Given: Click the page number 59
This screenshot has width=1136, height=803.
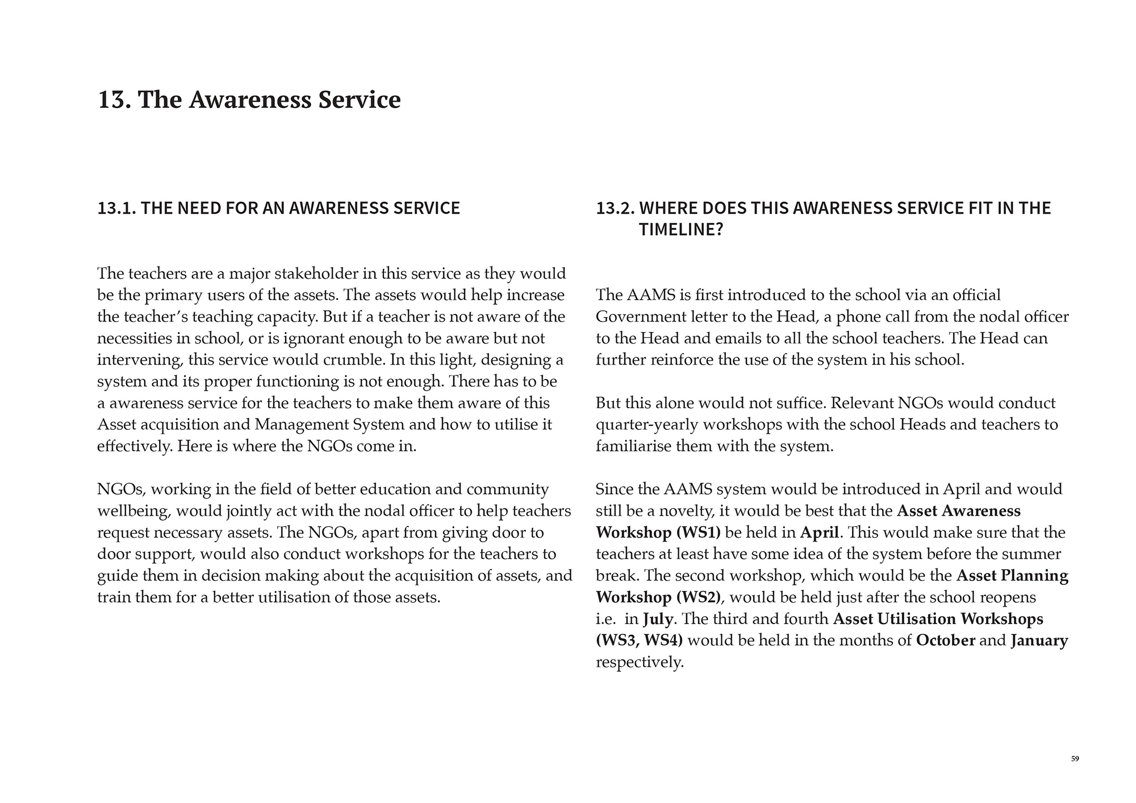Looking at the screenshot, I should pos(1075,759).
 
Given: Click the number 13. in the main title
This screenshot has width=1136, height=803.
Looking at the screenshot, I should pos(116,99).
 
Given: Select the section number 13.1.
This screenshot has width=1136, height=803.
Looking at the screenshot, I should pos(116,208).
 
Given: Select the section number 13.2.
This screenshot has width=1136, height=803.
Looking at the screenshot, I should pos(615,208).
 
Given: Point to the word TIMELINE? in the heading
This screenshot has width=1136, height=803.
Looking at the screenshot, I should pos(681,229).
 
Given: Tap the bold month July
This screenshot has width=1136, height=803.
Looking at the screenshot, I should pos(658,619).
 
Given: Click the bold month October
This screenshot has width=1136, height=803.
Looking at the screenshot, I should pos(946,641).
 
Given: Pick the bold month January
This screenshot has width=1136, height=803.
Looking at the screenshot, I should pos(1039,641).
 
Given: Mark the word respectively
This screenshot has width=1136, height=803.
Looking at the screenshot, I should pos(639,662).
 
